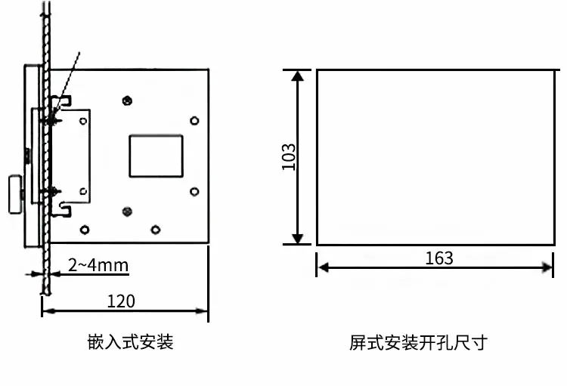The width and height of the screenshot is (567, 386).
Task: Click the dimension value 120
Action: pyautogui.click(x=121, y=301)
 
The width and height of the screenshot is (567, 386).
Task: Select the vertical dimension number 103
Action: pyautogui.click(x=288, y=156)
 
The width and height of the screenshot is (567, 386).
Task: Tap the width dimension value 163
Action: pyautogui.click(x=439, y=258)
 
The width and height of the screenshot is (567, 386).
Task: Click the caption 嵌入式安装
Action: pyautogui.click(x=131, y=342)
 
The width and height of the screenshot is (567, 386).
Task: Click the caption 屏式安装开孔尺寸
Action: pyautogui.click(x=418, y=342)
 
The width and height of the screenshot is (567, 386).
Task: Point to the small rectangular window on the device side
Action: pyautogui.click(x=156, y=156)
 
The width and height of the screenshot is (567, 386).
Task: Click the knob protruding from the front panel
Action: pyautogui.click(x=15, y=195)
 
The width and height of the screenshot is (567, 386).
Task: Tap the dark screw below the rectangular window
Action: pyautogui.click(x=126, y=211)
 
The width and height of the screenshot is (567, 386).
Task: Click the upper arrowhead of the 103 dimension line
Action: pyautogui.click(x=299, y=76)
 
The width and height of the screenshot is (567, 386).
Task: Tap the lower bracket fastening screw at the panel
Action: pyautogui.click(x=52, y=192)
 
